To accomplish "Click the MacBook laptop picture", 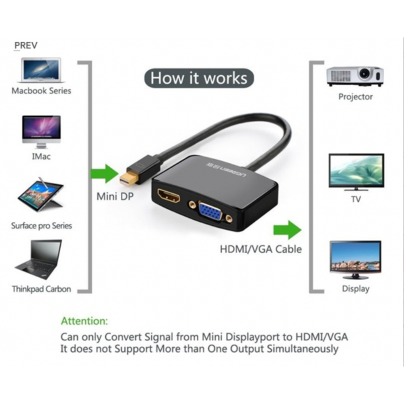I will pyautogui.click(x=41, y=70).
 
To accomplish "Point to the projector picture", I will pyautogui.click(x=355, y=76).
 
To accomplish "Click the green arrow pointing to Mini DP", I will pyautogui.click(x=105, y=174).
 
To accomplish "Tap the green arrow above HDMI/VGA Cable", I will pyautogui.click(x=287, y=230).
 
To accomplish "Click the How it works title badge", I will pyautogui.click(x=199, y=78).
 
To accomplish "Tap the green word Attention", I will pyautogui.click(x=84, y=321).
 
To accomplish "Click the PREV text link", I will pyautogui.click(x=26, y=45).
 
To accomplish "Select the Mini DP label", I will pyautogui.click(x=115, y=196).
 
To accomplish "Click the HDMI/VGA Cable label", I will pyautogui.click(x=260, y=249).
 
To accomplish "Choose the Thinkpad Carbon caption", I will pyautogui.click(x=41, y=289).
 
